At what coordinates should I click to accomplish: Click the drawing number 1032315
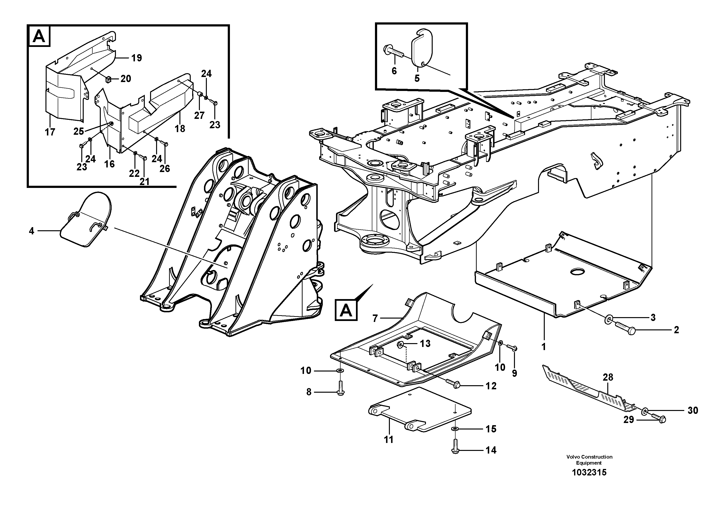click(x=589, y=472)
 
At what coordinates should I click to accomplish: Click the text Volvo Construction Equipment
click(x=589, y=460)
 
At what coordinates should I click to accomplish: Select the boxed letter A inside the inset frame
click(x=39, y=37)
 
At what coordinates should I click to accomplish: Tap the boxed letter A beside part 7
click(x=346, y=310)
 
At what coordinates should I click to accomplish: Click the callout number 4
click(x=31, y=231)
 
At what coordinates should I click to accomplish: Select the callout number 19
click(x=136, y=58)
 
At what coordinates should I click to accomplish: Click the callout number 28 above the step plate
click(x=608, y=377)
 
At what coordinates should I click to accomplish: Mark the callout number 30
click(x=693, y=410)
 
